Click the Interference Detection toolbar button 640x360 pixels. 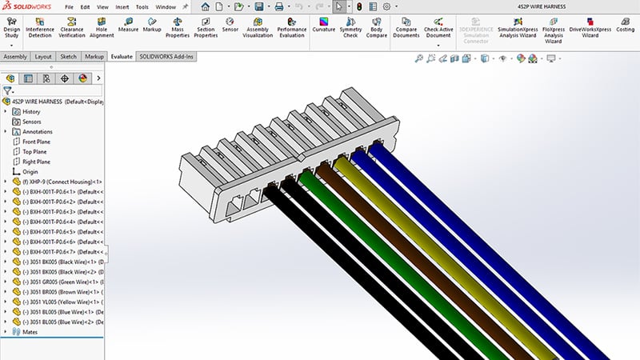point(45,27)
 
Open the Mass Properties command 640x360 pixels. point(177,27)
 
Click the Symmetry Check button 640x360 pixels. point(350,27)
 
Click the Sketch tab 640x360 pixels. point(69,57)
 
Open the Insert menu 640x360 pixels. point(122,6)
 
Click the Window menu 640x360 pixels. point(166,6)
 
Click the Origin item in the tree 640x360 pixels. point(30,171)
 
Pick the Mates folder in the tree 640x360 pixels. point(30,331)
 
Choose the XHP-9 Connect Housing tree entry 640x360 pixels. point(60,182)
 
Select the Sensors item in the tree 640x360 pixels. point(31,122)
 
